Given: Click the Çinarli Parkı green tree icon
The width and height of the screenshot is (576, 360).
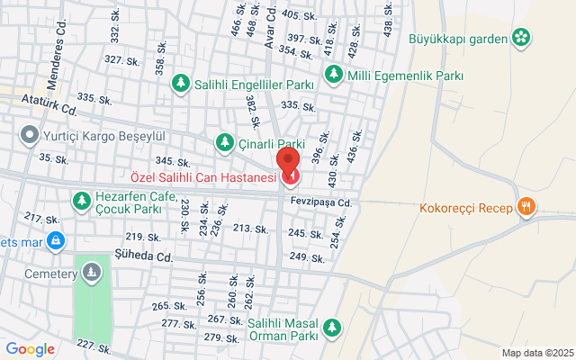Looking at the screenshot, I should point(224,142).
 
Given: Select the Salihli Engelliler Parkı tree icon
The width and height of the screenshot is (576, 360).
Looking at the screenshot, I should point(181,84).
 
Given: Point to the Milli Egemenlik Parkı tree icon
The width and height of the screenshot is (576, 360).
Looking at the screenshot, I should point(334,74).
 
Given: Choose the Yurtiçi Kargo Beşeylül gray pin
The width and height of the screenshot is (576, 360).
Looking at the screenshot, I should point(29,136).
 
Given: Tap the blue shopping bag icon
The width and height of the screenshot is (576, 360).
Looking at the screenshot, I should point(56,240).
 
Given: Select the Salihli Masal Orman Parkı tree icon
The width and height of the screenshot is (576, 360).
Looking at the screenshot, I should point(332,326).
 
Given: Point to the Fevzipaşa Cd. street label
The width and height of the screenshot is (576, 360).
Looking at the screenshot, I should point(319,202).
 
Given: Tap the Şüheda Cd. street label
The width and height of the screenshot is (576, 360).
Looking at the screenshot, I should point(143,256).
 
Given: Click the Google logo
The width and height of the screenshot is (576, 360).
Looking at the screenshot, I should point(31,349).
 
